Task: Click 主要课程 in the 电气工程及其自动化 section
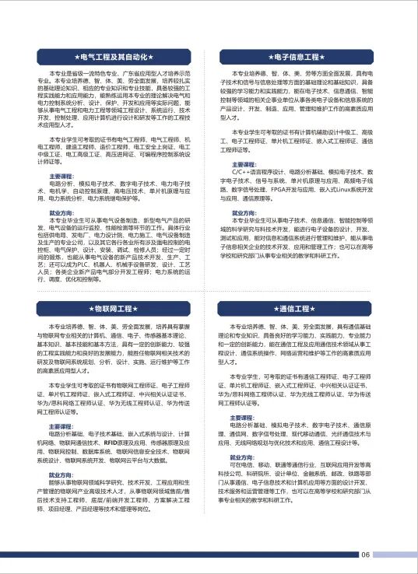(x=61, y=177)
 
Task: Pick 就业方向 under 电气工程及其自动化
(x=61, y=212)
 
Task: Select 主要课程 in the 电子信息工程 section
(x=244, y=164)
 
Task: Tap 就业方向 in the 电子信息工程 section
(x=244, y=212)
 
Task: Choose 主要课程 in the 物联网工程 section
(x=61, y=427)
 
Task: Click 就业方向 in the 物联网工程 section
(x=61, y=474)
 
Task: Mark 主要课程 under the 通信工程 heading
(x=244, y=416)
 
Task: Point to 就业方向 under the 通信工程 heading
(x=244, y=455)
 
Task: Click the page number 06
(x=366, y=555)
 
